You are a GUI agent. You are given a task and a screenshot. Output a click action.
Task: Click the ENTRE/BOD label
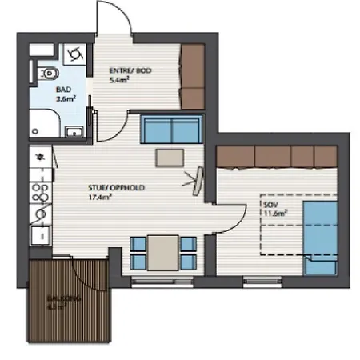(130, 71)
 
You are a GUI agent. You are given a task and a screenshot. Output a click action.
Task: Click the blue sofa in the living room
(170, 129)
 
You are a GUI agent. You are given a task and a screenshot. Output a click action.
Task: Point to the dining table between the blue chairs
(163, 252)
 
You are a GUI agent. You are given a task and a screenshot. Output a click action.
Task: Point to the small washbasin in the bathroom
(74, 130)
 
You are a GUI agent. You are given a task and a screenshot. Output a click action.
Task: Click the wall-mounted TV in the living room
(197, 180)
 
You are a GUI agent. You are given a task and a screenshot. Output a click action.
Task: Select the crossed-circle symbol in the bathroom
(76, 54)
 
